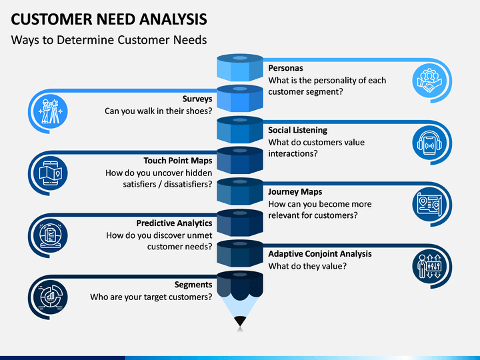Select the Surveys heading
click(197, 99)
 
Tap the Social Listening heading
click(297, 130)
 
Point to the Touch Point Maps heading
click(178, 161)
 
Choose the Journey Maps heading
click(295, 192)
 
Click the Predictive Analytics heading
click(174, 223)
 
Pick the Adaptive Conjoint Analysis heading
click(320, 254)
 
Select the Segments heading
click(193, 285)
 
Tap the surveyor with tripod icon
click(51, 111)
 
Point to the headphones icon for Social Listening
click(429, 143)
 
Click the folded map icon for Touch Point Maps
click(51, 173)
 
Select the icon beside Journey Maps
click(429, 205)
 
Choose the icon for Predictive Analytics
click(51, 236)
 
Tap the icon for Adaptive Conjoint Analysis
click(429, 267)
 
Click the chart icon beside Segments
click(51, 297)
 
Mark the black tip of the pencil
click(240, 321)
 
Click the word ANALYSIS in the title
click(173, 19)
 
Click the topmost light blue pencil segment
click(240, 67)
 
